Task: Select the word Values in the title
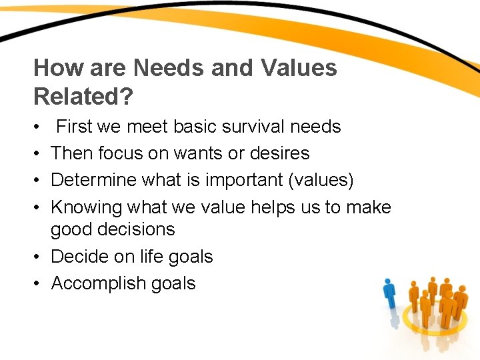299,68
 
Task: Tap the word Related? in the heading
83,96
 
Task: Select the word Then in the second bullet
72,153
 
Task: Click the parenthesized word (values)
319,181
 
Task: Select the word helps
277,207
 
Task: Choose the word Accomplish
97,283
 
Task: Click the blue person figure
389,297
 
